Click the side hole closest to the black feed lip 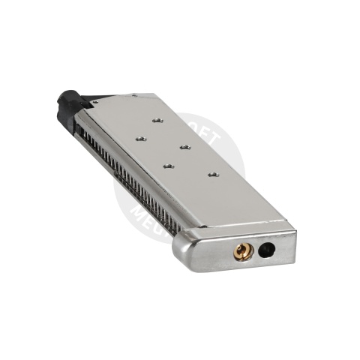[156, 119]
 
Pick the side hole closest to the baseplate [212, 174]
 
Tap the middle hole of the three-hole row [183, 145]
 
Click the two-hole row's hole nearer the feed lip [139, 138]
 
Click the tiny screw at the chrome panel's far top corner [135, 96]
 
